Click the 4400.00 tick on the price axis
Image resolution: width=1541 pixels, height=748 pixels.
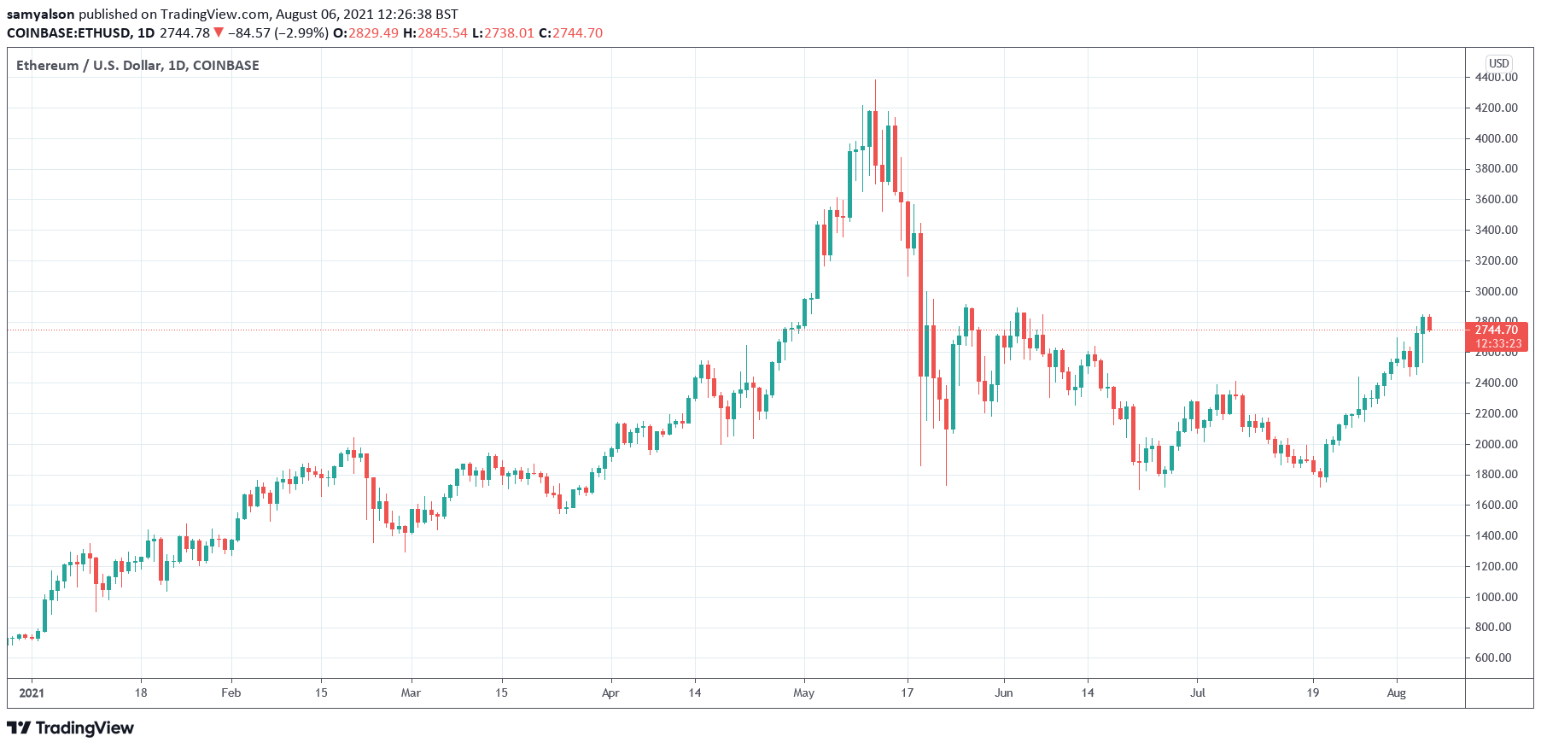coord(1496,77)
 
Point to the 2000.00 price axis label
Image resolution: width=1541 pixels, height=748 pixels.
coord(1496,444)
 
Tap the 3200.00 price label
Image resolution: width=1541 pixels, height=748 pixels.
coord(1496,260)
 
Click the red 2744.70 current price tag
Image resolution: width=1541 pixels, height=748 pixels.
coord(1496,330)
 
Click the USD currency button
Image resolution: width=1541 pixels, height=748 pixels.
coord(1498,63)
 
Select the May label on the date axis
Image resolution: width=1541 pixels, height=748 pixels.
coord(803,692)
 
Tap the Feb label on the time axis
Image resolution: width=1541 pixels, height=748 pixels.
coord(231,692)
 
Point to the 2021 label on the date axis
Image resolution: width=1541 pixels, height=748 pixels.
coord(32,692)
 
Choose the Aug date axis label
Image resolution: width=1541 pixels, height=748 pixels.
coord(1396,692)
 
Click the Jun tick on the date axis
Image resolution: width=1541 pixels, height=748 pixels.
coord(1004,692)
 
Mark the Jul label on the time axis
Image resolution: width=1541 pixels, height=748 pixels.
coord(1198,692)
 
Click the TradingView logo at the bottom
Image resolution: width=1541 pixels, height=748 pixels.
coord(71,728)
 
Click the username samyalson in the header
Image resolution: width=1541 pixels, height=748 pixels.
coord(40,14)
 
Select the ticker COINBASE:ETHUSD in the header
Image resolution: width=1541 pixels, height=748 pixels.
coord(68,32)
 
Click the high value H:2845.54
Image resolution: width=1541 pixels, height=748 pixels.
coord(435,32)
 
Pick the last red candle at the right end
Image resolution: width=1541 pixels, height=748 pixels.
coord(1429,324)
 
